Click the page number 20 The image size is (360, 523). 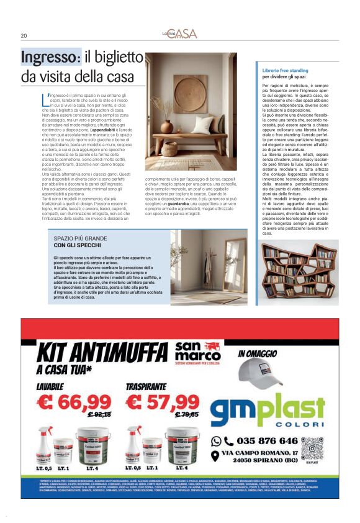click(x=24, y=35)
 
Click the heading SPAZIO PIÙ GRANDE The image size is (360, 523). click(x=81, y=238)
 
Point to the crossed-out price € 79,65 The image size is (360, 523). click(x=187, y=414)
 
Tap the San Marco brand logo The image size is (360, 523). click(x=197, y=353)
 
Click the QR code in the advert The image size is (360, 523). click(x=312, y=448)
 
